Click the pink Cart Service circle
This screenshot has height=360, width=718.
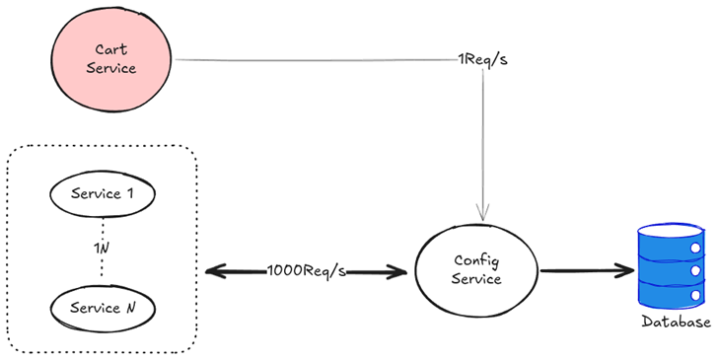click(111, 59)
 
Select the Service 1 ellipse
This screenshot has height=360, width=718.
click(103, 193)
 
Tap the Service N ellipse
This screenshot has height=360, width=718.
click(103, 308)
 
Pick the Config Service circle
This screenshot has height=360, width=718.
click(476, 270)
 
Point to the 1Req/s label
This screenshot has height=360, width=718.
click(482, 60)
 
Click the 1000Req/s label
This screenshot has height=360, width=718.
click(307, 271)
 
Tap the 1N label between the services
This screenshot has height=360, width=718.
click(102, 249)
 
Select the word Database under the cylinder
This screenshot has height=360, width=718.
click(676, 322)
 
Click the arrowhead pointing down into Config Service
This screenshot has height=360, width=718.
click(483, 213)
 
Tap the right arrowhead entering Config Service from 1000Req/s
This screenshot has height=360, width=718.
click(396, 272)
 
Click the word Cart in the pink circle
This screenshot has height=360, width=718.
click(111, 49)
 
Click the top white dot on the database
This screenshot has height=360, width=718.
click(695, 249)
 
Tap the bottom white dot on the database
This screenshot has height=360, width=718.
click(695, 296)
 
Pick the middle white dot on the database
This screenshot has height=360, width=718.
click(695, 270)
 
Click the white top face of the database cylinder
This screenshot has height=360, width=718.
click(671, 230)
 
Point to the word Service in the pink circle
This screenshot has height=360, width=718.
click(111, 68)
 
